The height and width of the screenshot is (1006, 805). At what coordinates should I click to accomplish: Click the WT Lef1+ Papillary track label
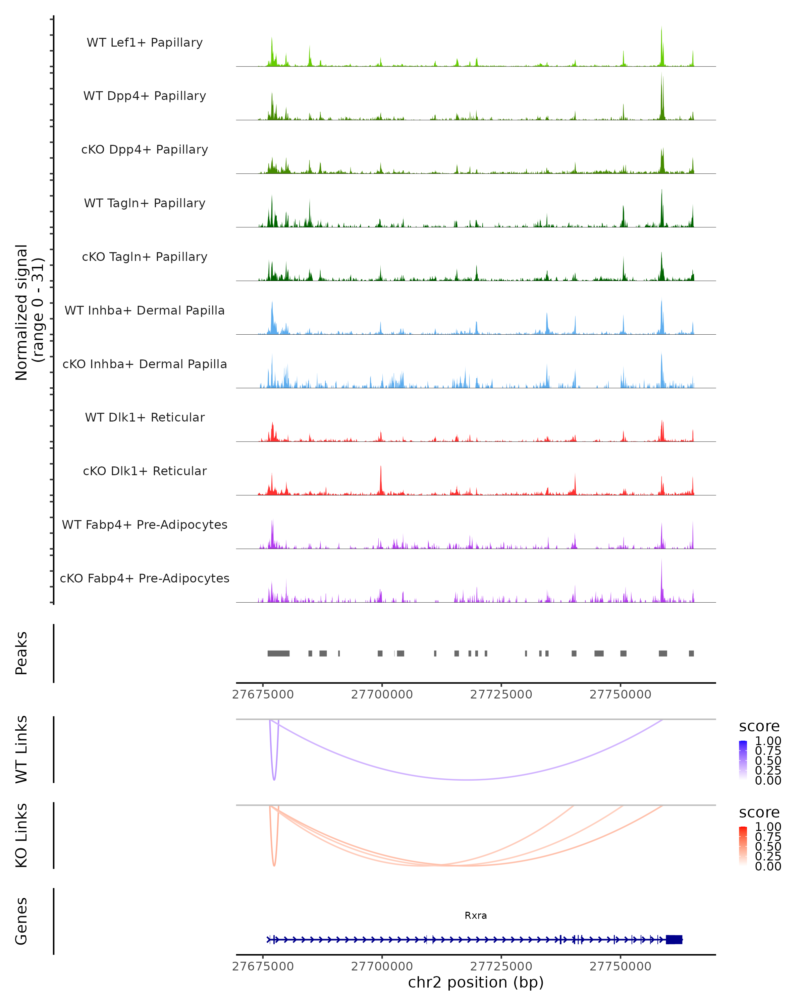coord(145,43)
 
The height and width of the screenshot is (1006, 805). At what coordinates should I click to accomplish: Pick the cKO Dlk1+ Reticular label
coord(145,471)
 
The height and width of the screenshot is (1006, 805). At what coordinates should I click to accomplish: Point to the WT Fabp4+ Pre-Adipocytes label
coord(145,524)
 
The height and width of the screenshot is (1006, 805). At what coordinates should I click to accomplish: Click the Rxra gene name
coord(476,915)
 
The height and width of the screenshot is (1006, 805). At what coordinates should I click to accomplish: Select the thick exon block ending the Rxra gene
coord(674,939)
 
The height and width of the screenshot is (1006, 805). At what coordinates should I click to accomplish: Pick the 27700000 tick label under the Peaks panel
coord(382,694)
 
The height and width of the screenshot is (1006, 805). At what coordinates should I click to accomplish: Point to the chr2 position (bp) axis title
coord(476,982)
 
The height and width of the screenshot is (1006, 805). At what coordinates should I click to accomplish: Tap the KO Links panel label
coord(21,835)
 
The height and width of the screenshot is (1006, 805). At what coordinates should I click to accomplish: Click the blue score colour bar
coord(743,760)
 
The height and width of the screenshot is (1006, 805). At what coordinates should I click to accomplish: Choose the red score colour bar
coord(743,845)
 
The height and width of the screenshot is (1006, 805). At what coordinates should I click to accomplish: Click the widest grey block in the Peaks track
coord(279,653)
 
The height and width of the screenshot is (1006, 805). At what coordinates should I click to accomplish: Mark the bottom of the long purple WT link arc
coord(469,780)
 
